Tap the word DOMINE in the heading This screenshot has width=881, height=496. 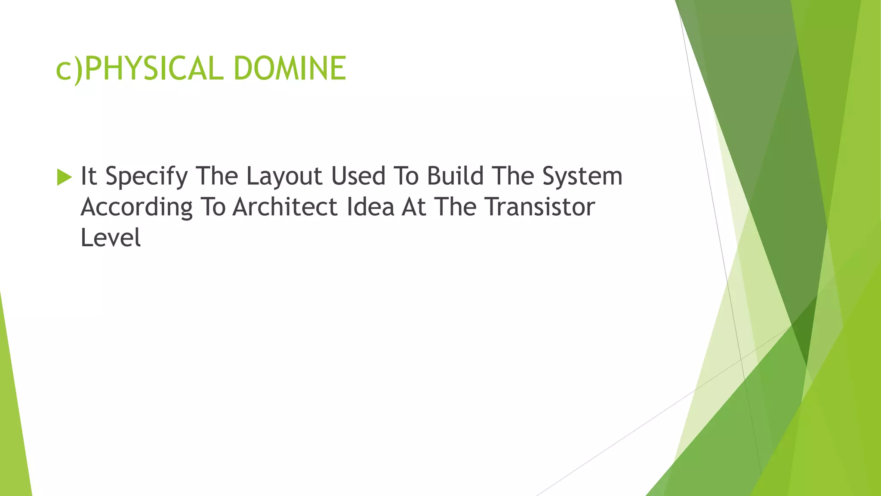click(290, 69)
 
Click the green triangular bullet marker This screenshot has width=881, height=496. click(64, 177)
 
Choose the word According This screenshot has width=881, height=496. click(136, 208)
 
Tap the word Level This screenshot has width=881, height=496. click(111, 238)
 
